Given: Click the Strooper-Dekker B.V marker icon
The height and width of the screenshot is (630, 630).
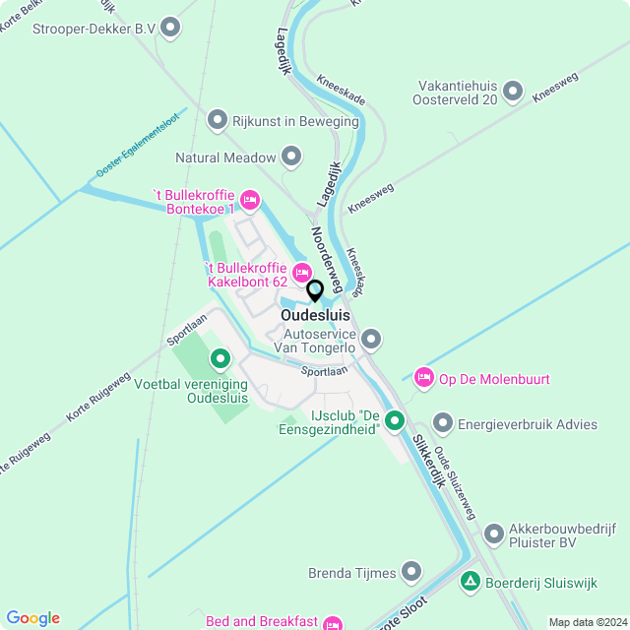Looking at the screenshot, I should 171,28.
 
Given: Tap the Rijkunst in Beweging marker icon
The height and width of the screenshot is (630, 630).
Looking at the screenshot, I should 218,120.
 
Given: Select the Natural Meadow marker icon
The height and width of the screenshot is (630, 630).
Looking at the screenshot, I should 291,157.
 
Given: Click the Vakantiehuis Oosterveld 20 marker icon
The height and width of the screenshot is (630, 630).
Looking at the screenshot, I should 512,93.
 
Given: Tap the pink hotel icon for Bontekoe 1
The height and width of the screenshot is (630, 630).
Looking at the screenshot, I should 250,202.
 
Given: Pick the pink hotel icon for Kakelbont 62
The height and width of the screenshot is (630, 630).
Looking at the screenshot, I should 301,271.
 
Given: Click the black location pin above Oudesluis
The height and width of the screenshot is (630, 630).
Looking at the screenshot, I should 315,291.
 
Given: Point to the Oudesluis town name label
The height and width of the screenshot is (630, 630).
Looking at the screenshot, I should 315,315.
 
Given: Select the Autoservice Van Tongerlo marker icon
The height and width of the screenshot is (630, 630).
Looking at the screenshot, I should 371,340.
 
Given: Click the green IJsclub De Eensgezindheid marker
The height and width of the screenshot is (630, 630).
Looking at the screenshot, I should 395,420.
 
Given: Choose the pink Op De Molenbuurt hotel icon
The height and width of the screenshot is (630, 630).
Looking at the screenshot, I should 423,378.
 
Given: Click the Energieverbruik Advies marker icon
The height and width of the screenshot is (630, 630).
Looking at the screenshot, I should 443,424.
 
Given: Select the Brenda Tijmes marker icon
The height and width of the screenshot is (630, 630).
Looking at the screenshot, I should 411,572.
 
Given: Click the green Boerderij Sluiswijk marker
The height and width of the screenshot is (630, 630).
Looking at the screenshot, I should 471,583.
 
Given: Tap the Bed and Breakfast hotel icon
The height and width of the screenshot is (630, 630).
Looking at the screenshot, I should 333,622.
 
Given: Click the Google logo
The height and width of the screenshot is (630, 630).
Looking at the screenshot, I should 32,617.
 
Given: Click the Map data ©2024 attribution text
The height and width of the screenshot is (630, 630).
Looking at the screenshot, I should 586,622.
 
